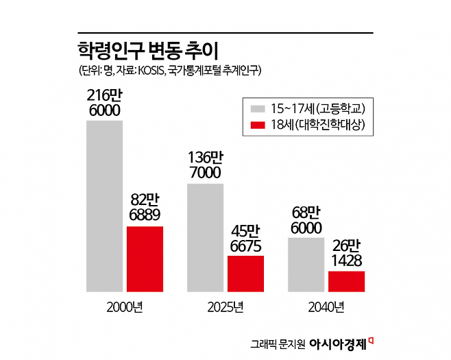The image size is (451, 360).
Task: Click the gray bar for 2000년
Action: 104,206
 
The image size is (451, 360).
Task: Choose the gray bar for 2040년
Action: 306,265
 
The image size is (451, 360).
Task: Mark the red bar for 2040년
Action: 346,281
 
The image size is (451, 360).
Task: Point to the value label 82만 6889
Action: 145,208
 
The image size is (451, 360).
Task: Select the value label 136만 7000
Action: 205,165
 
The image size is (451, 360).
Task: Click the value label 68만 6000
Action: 306,220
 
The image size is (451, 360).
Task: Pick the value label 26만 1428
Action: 346,253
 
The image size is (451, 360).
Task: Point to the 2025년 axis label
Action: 225,307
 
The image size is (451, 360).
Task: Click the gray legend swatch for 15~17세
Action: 258,108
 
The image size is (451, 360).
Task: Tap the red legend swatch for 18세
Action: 258,125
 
